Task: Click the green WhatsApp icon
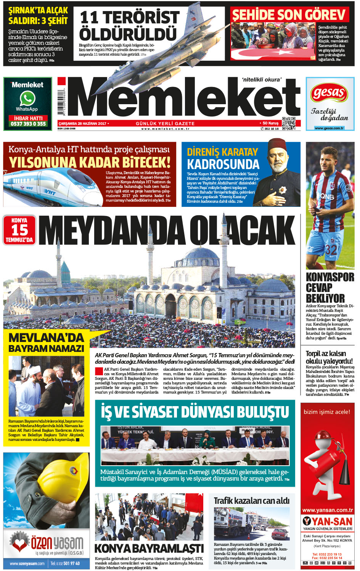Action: click(27, 98)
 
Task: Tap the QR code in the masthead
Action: click(289, 123)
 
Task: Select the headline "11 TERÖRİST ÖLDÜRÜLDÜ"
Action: click(129, 26)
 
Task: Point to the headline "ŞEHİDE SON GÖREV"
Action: click(289, 15)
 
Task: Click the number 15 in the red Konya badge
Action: click(19, 230)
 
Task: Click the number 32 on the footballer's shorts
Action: click(331, 250)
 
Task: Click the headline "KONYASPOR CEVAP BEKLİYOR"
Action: click(329, 287)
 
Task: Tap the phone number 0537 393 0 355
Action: click(28, 124)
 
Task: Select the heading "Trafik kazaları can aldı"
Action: click(251, 500)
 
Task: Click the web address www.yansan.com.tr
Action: click(327, 510)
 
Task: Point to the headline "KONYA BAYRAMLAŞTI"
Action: click(149, 548)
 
